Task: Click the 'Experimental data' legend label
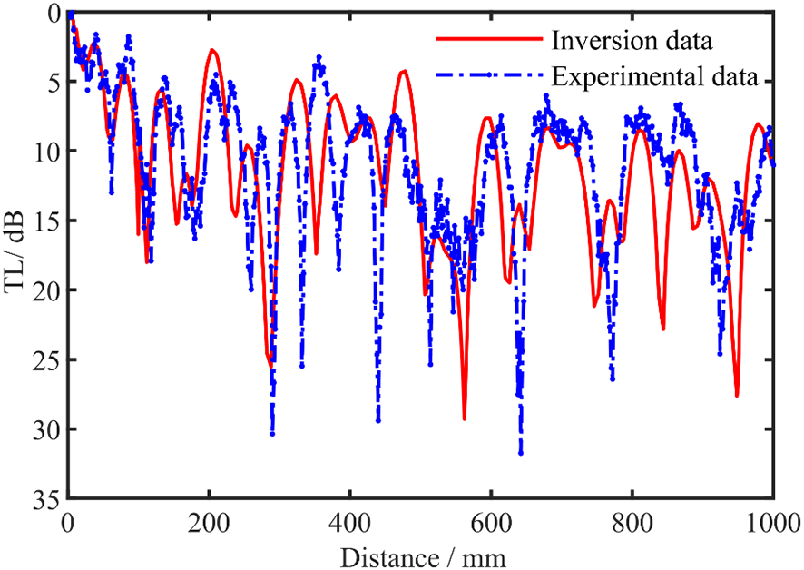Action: (x=654, y=75)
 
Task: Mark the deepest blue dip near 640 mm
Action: (x=521, y=453)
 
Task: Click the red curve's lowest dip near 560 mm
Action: (x=464, y=418)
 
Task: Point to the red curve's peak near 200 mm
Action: (x=212, y=51)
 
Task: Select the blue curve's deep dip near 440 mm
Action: (x=378, y=420)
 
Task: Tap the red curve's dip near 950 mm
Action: (x=737, y=395)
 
